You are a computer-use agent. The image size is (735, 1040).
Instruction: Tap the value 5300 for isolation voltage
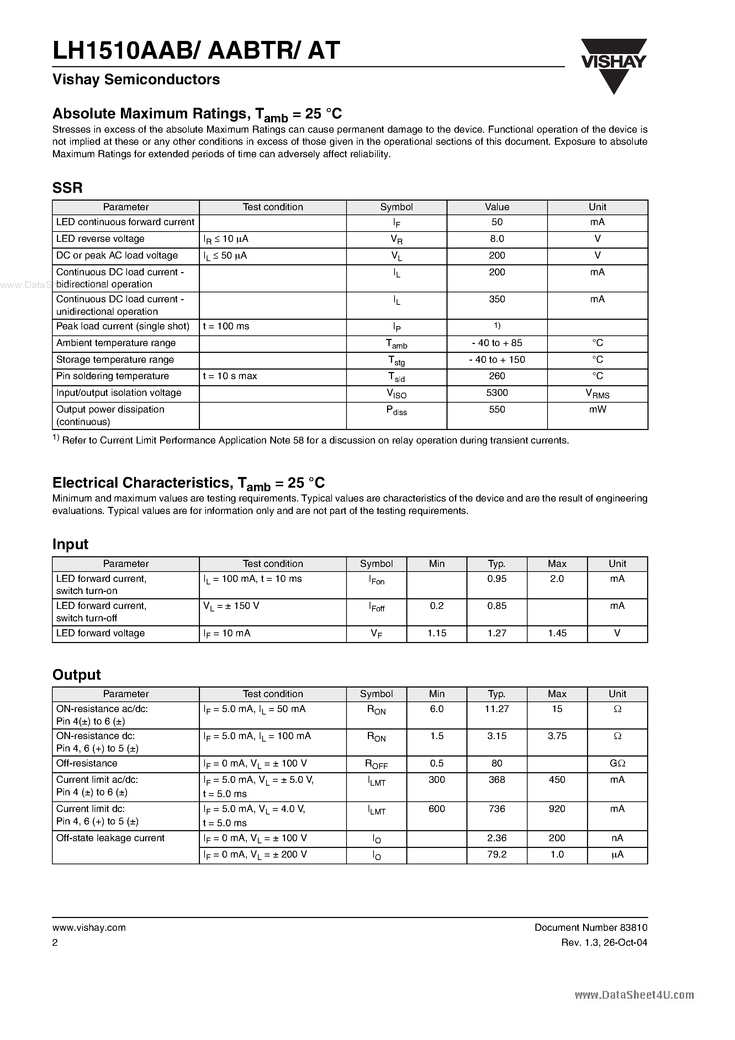tap(497, 393)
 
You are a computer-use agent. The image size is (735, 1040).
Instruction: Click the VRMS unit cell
tap(597, 394)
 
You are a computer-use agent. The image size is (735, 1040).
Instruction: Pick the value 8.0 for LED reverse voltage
tap(497, 239)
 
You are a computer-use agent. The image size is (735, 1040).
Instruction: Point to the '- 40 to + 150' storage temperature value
tap(497, 360)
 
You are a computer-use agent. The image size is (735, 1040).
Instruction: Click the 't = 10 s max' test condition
tap(230, 376)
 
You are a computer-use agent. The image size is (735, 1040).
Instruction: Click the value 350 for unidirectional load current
tap(497, 299)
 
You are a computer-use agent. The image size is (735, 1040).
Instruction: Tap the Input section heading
tap(70, 544)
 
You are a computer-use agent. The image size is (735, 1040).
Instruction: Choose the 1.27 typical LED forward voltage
tap(497, 633)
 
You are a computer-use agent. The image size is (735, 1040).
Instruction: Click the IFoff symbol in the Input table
tap(376, 607)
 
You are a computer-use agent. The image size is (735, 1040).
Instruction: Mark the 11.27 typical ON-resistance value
tap(497, 709)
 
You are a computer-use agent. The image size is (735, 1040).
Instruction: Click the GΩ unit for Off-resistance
tap(617, 763)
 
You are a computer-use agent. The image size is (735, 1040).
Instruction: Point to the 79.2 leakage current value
tap(497, 854)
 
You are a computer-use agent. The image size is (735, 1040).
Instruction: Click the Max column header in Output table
tap(557, 694)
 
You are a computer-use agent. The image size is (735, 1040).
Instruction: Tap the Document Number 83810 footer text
tap(591, 927)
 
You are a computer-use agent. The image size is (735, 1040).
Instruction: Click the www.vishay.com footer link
tap(89, 927)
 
